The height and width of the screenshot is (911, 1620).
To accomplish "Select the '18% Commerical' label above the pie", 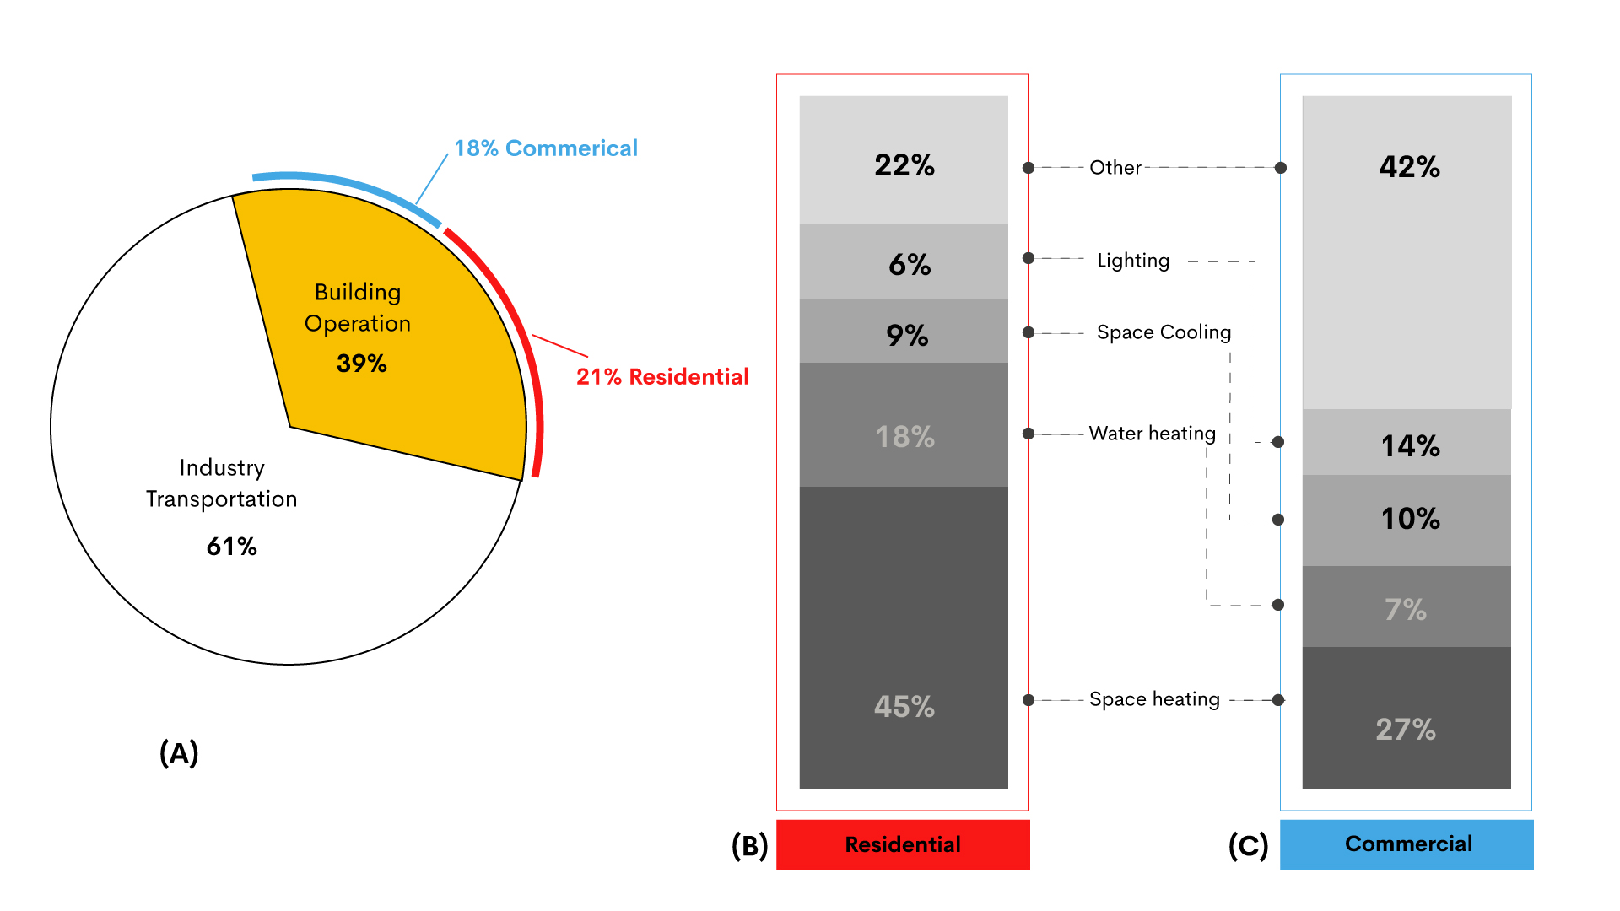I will pos(545,148).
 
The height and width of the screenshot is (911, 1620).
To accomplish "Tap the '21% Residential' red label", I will pos(662,377).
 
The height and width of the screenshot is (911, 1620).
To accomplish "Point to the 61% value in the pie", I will pos(231,547).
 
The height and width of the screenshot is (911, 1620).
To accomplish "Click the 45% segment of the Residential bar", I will pos(904,638).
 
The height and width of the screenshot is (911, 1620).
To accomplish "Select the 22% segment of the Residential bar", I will pos(904,160).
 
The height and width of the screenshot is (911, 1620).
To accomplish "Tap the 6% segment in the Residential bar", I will pos(904,262).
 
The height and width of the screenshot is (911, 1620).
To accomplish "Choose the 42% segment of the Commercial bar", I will pos(1407,253).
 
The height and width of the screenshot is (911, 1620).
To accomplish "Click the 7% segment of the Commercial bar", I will pos(1407,606).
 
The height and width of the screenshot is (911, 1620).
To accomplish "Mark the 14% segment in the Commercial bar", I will pos(1407,443).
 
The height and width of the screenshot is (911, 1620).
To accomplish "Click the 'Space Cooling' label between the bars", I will pos(1164,332).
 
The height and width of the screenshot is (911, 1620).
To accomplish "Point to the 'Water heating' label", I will pos(1152,434).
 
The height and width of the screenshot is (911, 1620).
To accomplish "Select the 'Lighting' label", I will pos(1133,261).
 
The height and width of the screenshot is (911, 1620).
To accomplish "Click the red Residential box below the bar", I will pos(903,844).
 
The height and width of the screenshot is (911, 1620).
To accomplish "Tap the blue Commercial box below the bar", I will pos(1407,844).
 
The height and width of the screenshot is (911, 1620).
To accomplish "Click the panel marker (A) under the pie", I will pos(179,752).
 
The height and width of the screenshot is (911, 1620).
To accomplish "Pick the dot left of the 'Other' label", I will pos(1029,168).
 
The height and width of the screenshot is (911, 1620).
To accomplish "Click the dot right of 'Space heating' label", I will pos(1278,700).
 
